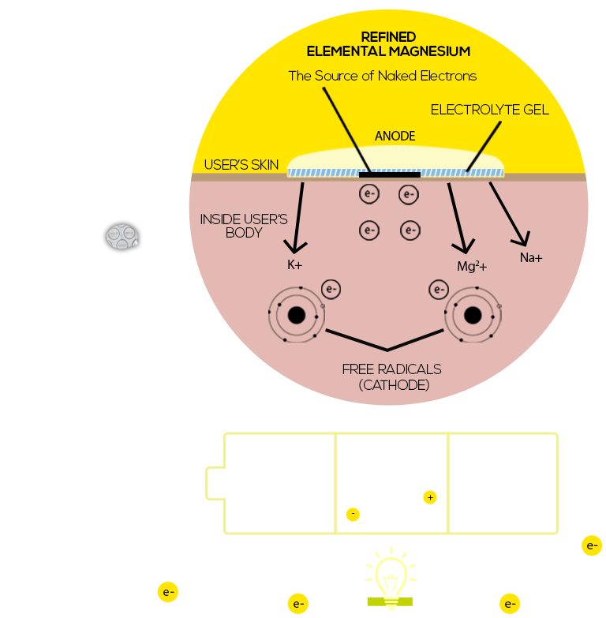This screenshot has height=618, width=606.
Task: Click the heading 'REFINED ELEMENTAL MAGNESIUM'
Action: coord(388,44)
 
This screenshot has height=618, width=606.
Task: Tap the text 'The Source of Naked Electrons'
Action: coord(382,76)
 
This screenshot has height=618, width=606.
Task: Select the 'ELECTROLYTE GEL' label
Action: coord(489,110)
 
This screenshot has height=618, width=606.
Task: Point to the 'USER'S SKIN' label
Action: coord(241,165)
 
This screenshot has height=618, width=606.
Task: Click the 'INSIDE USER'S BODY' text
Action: coord(244,226)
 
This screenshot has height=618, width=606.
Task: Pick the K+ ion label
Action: coord(294,265)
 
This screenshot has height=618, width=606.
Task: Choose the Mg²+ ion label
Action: coord(472,267)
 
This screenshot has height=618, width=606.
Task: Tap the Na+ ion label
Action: coord(531,258)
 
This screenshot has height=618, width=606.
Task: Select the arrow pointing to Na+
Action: coord(508,212)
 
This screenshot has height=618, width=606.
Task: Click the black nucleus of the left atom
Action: coord(297,316)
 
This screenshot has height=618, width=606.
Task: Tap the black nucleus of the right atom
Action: coord(473,316)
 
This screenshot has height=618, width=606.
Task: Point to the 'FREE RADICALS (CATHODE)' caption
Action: coord(391,377)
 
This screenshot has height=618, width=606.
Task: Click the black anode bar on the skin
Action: coord(389,174)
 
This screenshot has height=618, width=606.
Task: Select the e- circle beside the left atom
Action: coord(331,290)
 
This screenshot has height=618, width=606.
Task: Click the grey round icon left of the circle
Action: coord(122,235)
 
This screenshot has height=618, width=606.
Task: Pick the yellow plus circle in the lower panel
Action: coord(429,497)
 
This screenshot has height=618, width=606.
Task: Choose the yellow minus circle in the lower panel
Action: coord(353,515)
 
